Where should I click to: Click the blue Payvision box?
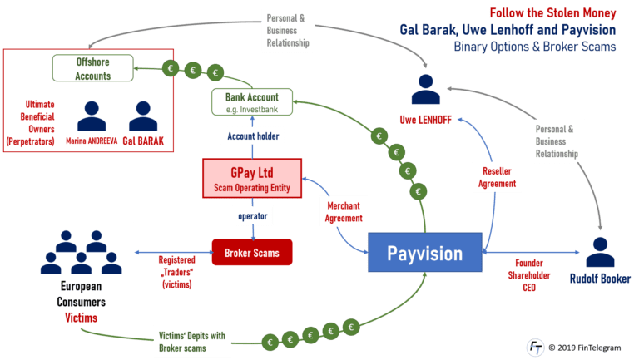(426, 252)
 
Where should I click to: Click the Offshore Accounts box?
(93, 68)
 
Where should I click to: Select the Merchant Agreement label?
(344, 212)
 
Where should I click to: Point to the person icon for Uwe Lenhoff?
(425, 88)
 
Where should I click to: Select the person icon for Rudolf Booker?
(602, 251)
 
